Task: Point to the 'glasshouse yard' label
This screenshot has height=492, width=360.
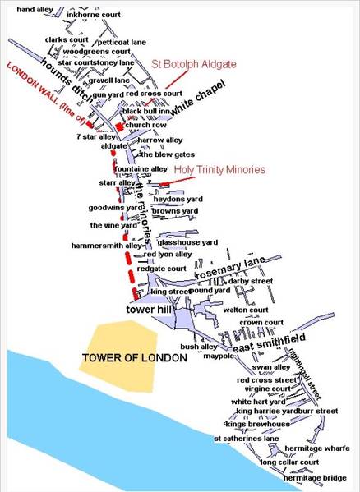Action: tap(187, 242)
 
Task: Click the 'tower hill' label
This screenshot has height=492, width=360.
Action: tap(147, 310)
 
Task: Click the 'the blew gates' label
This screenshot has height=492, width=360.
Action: tap(150, 154)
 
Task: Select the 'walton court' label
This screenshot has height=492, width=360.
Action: tap(247, 310)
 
